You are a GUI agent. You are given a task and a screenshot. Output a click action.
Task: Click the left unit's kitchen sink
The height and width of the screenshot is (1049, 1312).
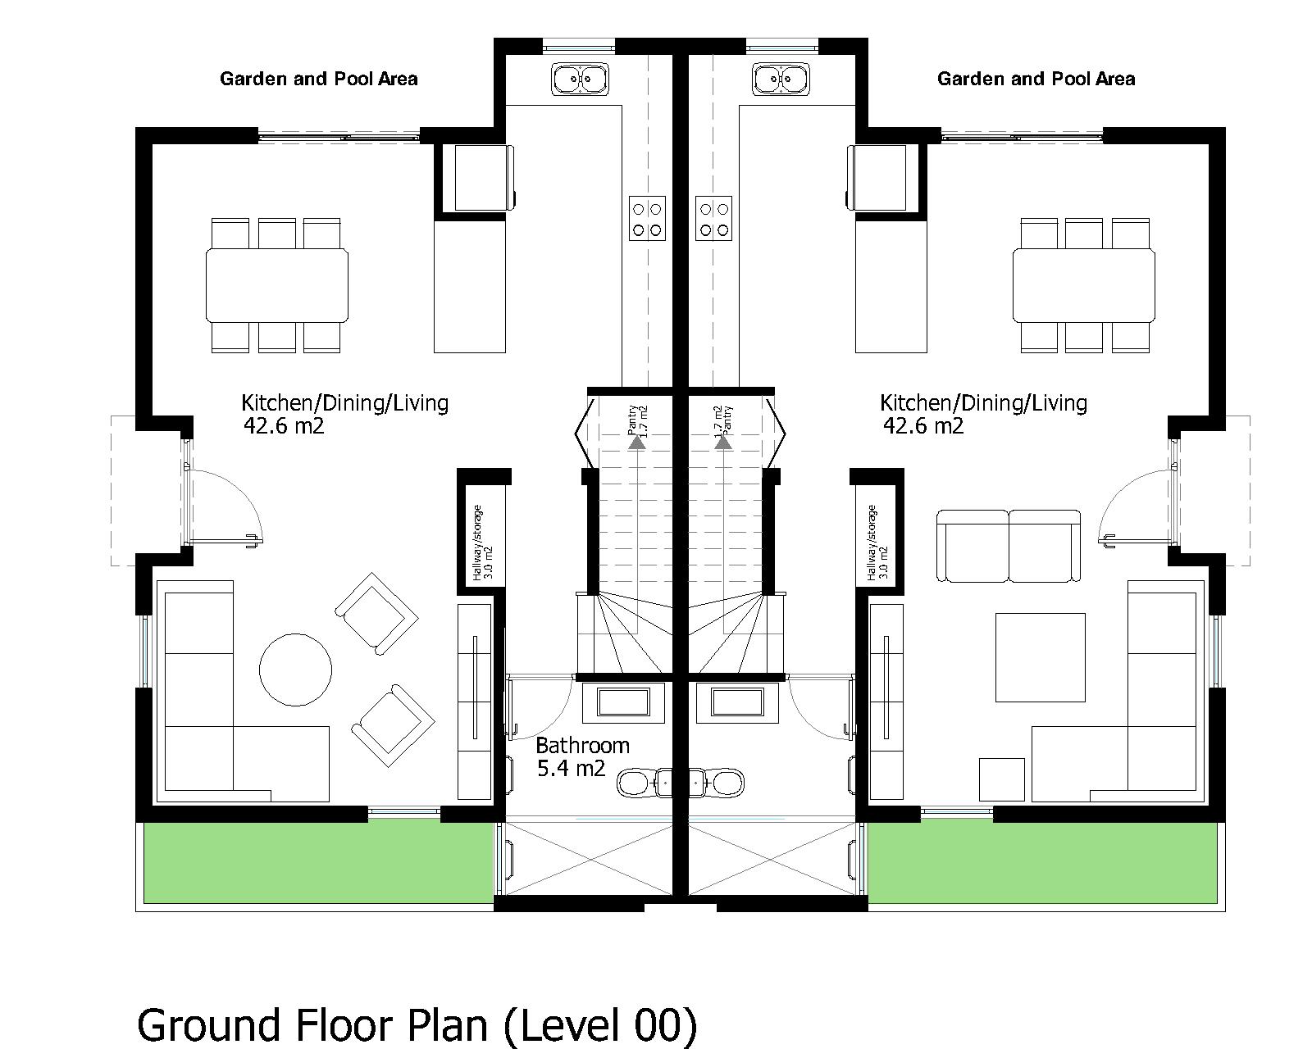point(581,79)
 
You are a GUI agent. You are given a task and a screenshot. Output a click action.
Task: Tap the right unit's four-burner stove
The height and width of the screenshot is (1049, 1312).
point(713,218)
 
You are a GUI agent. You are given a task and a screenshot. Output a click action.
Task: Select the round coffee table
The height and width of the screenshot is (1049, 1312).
point(296,669)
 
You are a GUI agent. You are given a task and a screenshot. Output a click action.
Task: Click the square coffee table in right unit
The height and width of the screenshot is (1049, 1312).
point(1040,657)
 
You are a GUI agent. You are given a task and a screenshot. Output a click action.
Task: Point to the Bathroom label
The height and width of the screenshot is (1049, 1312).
point(582,746)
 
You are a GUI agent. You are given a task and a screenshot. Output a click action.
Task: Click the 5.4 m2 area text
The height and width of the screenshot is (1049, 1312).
point(571,769)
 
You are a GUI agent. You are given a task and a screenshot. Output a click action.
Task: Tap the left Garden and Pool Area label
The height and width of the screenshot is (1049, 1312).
point(318,79)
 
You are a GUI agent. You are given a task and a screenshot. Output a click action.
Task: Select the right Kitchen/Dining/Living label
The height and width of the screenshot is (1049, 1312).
point(983,403)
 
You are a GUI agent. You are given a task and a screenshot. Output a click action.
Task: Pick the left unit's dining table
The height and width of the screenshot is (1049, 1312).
point(277,285)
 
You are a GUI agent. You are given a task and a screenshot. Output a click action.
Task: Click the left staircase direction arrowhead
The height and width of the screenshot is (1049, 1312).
point(635,443)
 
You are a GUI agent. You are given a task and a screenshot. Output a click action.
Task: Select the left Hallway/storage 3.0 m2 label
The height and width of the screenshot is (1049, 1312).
point(484,543)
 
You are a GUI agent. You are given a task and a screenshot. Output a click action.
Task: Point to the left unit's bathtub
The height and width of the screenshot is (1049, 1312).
point(624,702)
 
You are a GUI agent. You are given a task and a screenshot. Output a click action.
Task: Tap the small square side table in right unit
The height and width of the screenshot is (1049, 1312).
point(1002,779)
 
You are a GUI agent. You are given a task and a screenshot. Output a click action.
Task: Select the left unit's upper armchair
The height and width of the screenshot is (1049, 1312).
point(376,613)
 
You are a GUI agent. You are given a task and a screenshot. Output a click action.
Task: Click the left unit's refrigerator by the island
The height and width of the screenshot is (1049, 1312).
point(475,177)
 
